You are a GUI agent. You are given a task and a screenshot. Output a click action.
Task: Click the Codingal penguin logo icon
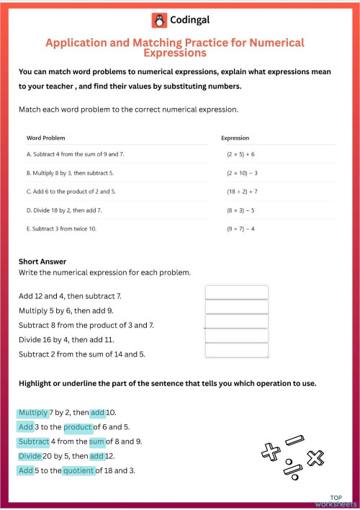[158, 21]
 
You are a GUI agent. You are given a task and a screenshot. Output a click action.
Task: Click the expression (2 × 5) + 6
[240, 155]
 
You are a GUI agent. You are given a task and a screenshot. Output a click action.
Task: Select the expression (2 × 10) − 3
[242, 174]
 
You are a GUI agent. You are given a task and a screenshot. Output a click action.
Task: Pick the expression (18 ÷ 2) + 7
[242, 192]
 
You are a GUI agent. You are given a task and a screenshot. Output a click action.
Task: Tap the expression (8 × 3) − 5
[240, 210]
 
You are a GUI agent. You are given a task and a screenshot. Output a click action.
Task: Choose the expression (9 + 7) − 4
[240, 229]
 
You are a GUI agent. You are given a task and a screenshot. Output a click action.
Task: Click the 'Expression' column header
[235, 137]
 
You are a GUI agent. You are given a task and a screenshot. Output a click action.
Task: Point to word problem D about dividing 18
[64, 210]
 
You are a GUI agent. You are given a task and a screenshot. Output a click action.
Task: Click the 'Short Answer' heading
[42, 261]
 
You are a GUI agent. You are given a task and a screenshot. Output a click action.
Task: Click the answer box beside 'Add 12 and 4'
[236, 292]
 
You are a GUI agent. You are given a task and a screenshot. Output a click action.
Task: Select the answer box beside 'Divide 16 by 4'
[236, 336]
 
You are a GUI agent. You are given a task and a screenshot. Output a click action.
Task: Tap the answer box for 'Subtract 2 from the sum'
[236, 350]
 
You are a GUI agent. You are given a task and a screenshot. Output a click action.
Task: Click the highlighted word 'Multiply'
[33, 413]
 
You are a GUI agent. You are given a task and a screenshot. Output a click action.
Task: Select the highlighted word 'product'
[78, 427]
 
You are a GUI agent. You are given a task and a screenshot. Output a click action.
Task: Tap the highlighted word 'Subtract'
[34, 442]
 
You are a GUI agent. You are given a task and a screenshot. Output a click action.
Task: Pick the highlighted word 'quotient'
[78, 470]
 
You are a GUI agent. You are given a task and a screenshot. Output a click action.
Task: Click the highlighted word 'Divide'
[30, 456]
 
